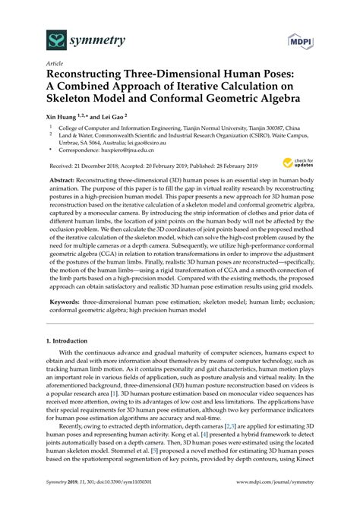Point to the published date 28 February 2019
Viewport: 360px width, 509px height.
pyautogui.click(x=235, y=163)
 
